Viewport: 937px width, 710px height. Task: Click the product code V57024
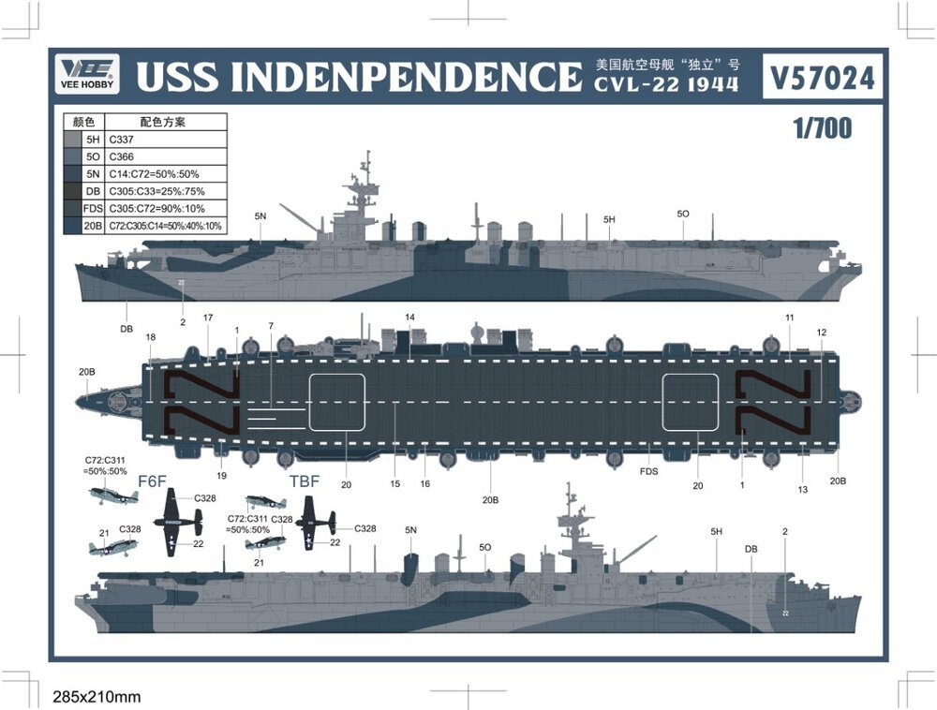tap(822, 79)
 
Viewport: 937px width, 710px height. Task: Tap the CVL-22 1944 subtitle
tap(665, 85)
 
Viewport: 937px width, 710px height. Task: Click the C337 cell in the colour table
tap(122, 140)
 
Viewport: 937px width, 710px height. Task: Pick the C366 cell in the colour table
tap(122, 156)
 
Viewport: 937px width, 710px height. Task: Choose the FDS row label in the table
tap(92, 208)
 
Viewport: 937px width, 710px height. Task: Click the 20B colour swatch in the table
tap(72, 225)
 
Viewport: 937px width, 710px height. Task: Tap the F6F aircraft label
tap(152, 481)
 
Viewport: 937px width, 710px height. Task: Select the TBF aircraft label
tap(305, 481)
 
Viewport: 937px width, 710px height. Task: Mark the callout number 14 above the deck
tap(409, 318)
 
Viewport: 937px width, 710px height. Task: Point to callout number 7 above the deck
tap(271, 326)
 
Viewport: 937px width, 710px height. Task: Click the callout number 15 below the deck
tap(395, 483)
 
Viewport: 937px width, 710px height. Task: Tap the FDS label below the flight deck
tap(648, 471)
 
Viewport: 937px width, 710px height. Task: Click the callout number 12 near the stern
tap(822, 333)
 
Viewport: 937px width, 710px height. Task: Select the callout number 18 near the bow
tap(151, 337)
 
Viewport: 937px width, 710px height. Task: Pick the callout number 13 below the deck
tap(803, 489)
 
